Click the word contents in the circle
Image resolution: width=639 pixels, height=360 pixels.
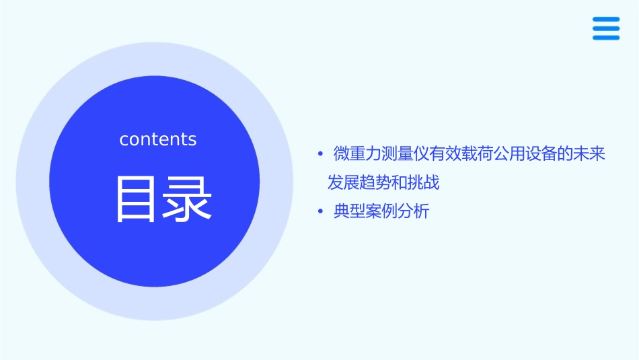click(158, 139)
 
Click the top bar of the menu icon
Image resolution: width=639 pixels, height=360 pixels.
click(606, 20)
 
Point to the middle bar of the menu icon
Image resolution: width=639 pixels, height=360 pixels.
click(606, 28)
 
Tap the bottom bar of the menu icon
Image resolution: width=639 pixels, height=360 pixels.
click(606, 37)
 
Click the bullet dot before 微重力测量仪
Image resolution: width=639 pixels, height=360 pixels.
click(321, 154)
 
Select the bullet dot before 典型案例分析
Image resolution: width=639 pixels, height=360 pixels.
click(321, 212)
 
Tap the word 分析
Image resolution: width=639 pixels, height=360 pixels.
click(413, 212)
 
